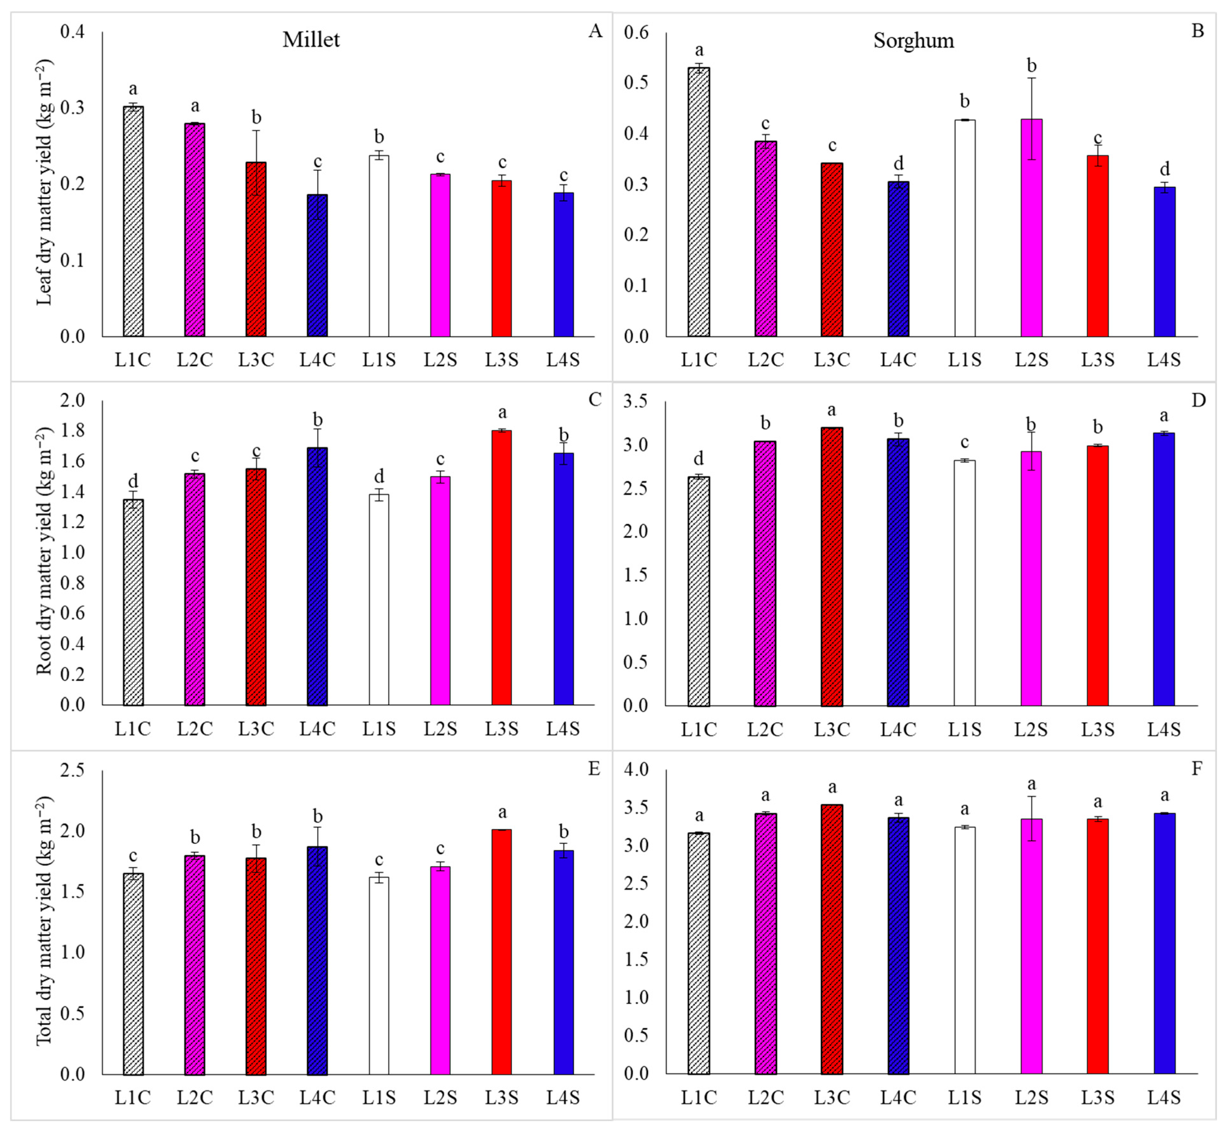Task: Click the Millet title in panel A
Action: [311, 40]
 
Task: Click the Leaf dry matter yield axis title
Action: [44, 182]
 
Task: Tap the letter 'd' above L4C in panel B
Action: [898, 164]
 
